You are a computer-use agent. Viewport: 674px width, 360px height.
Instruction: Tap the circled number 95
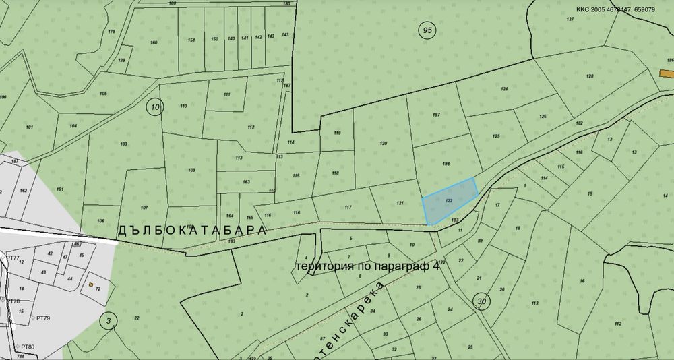tap(427, 30)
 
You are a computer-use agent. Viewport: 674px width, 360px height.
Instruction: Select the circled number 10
tap(155, 107)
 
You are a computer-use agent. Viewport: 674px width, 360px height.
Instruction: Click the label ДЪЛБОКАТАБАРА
tap(192, 230)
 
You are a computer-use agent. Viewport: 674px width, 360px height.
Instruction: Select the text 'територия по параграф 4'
tap(367, 266)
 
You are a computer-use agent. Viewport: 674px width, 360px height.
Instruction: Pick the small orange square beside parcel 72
tap(90, 285)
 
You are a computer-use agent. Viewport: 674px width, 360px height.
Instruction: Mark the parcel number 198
tap(446, 164)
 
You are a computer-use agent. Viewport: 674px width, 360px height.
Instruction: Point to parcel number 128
tap(590, 76)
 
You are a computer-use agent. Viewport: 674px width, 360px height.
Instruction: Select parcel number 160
tap(154, 42)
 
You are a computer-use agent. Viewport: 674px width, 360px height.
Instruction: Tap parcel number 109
tap(191, 170)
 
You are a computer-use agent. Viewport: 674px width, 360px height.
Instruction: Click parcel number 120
tap(384, 144)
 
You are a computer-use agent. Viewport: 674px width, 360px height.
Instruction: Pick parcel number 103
tap(123, 144)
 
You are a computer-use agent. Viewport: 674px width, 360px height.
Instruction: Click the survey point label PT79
tap(44, 317)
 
